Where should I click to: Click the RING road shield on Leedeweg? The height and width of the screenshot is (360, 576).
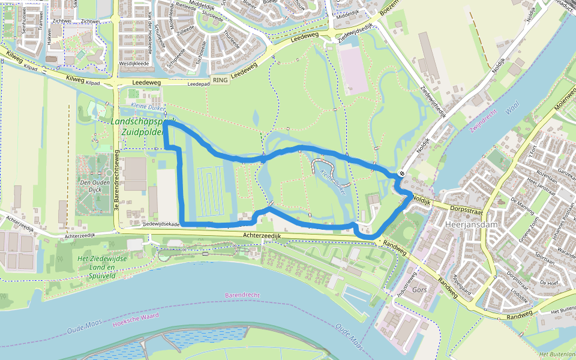pyautogui.click(x=220, y=80)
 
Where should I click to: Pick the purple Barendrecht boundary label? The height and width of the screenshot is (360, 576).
pyautogui.click(x=242, y=295)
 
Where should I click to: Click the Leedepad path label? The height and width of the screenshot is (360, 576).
pyautogui.click(x=198, y=84)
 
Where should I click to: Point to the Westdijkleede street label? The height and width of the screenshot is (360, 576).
pyautogui.click(x=134, y=62)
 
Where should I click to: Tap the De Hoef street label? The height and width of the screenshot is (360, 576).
pyautogui.click(x=548, y=281)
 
